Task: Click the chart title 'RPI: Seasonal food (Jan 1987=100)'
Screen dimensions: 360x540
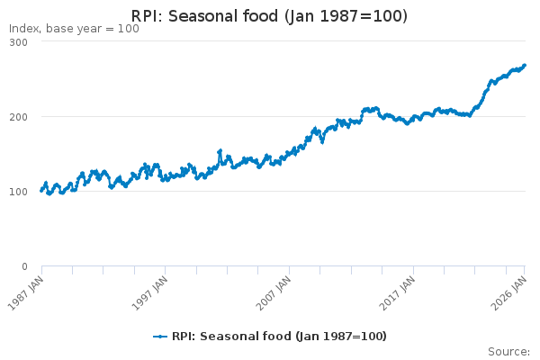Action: pyautogui.click(x=269, y=16)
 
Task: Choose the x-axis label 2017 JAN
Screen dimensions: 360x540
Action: pyautogui.click(x=399, y=292)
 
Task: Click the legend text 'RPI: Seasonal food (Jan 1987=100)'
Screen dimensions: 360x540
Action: pyautogui.click(x=278, y=337)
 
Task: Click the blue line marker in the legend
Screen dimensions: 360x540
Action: pyautogui.click(x=160, y=337)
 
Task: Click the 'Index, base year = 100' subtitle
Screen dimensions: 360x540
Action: pyautogui.click(x=74, y=29)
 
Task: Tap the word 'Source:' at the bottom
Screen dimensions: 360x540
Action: pyautogui.click(x=508, y=351)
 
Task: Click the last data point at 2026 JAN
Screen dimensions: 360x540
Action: pyautogui.click(x=525, y=66)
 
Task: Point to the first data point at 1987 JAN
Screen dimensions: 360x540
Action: pyautogui.click(x=41, y=191)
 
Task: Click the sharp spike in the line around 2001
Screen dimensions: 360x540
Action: pyautogui.click(x=220, y=151)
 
